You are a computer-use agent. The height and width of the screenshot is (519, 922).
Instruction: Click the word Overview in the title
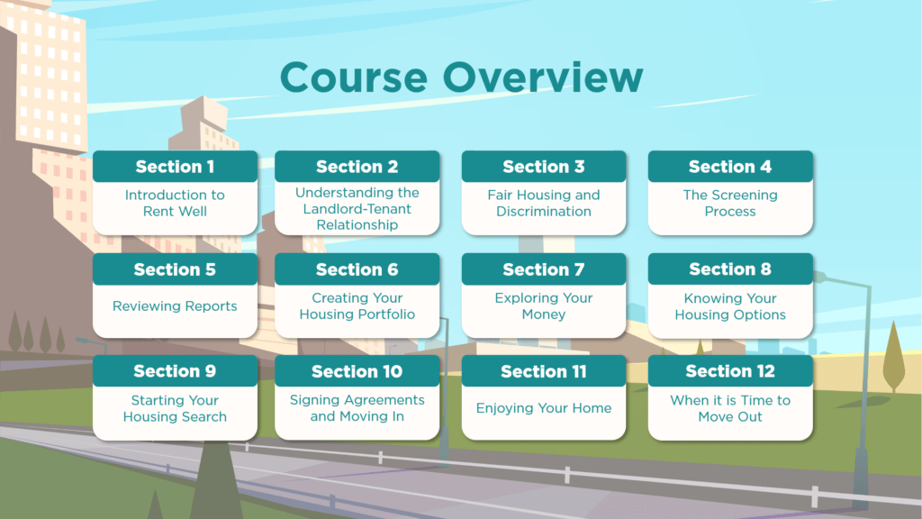pyautogui.click(x=545, y=77)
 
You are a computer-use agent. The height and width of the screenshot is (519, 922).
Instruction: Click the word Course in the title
pyautogui.click(x=357, y=77)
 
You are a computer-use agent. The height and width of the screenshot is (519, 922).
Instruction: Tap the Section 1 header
pyautogui.click(x=175, y=167)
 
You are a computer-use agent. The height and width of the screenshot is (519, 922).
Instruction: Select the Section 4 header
pyautogui.click(x=730, y=167)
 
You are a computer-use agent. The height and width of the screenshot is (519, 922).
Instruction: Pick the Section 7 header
pyautogui.click(x=544, y=269)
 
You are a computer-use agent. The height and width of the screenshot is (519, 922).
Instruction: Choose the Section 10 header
pyautogui.click(x=357, y=371)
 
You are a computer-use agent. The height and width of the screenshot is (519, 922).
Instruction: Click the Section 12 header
pyautogui.click(x=730, y=371)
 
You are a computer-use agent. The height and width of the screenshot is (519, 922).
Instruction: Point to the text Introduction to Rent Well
pyautogui.click(x=175, y=203)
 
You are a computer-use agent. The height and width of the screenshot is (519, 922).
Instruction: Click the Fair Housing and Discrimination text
pyautogui.click(x=544, y=203)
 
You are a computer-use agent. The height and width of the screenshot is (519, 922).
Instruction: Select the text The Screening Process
pyautogui.click(x=730, y=203)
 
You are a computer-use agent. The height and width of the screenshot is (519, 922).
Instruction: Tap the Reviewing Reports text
pyautogui.click(x=175, y=306)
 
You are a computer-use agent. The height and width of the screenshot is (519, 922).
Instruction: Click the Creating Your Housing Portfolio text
pyautogui.click(x=357, y=306)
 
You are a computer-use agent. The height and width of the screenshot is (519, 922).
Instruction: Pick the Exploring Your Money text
pyautogui.click(x=544, y=306)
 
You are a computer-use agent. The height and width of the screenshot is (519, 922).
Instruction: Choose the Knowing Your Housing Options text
pyautogui.click(x=730, y=306)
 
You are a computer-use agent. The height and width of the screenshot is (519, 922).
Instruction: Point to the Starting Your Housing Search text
pyautogui.click(x=175, y=408)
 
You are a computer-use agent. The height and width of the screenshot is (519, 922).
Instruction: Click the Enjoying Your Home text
pyautogui.click(x=544, y=408)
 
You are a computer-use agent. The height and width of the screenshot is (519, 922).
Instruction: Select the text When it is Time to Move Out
pyautogui.click(x=730, y=408)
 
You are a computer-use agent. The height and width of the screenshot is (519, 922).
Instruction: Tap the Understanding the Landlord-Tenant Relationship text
pyautogui.click(x=357, y=208)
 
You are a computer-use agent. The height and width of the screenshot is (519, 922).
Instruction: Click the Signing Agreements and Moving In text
pyautogui.click(x=357, y=408)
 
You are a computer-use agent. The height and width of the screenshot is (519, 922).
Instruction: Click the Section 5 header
pyautogui.click(x=175, y=269)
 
